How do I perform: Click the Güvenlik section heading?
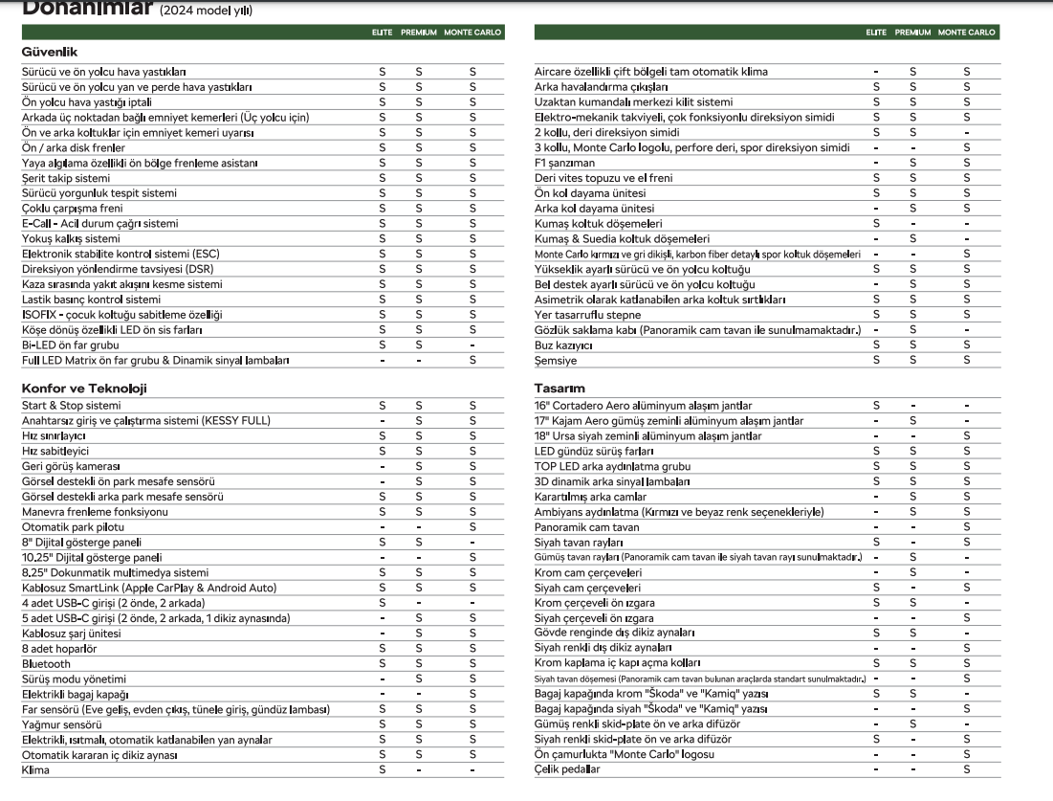click(x=50, y=53)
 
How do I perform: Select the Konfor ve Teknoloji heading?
click(x=84, y=389)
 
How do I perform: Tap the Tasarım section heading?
click(x=559, y=389)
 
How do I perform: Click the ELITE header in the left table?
click(x=383, y=33)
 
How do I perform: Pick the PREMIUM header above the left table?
click(x=418, y=33)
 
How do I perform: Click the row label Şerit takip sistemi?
click(x=66, y=178)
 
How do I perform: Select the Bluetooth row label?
click(x=46, y=663)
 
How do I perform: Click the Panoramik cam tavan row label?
click(x=586, y=526)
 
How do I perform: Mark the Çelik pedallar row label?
click(x=567, y=769)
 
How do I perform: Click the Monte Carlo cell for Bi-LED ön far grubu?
click(x=472, y=345)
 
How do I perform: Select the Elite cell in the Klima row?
click(x=383, y=769)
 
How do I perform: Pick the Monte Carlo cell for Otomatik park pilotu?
click(x=472, y=526)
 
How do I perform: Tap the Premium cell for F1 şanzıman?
click(x=912, y=163)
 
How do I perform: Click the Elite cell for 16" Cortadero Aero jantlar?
click(x=876, y=406)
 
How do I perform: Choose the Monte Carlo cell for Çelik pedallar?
click(x=967, y=769)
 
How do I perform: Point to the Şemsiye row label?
click(x=556, y=360)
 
